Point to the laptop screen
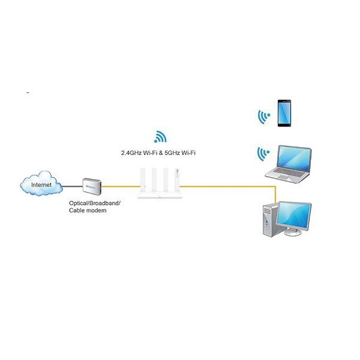292,159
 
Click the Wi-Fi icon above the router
160,137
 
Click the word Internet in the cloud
41,185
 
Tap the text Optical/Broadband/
94,203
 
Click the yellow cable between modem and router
120,185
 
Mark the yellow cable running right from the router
228,185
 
